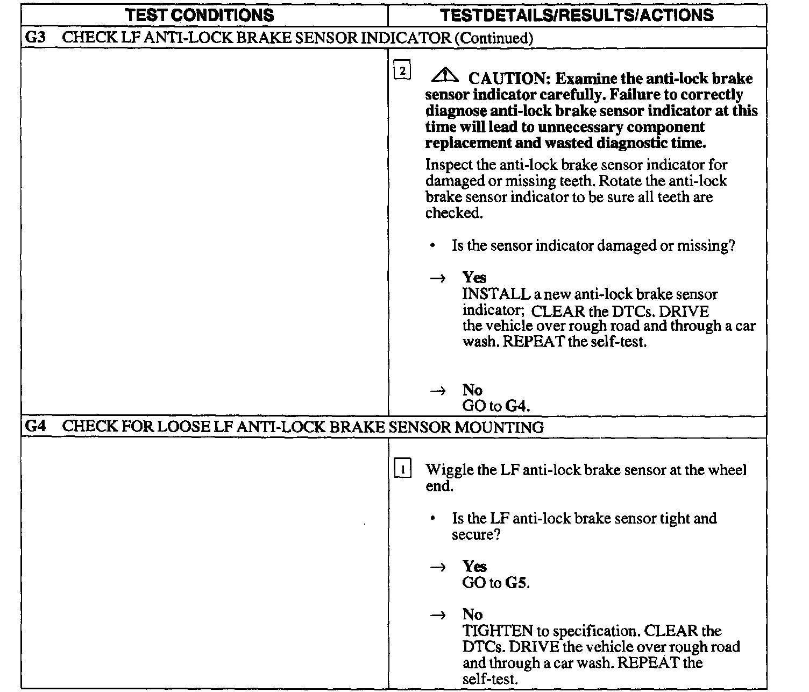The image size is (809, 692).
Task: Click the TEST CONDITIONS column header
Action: tap(199, 15)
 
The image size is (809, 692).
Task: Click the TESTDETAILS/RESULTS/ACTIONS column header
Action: tap(577, 15)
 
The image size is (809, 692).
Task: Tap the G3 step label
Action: tap(36, 38)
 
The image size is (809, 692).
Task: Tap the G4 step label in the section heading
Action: tap(36, 427)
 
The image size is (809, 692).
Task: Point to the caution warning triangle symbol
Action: tap(444, 76)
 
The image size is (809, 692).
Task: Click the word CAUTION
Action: tap(507, 79)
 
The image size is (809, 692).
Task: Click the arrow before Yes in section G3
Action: tap(438, 278)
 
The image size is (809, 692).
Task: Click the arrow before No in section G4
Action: tap(438, 615)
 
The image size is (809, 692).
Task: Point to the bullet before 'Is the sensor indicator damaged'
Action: tap(433, 246)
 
